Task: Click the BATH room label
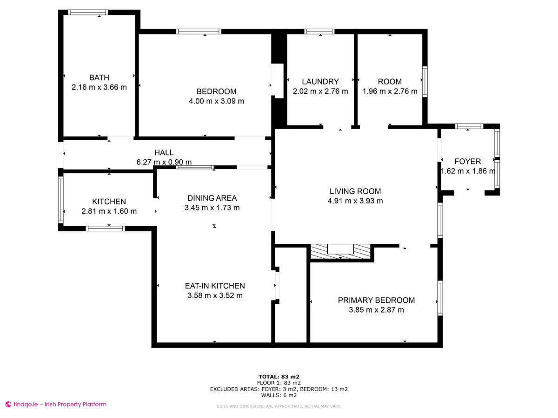click(x=99, y=78)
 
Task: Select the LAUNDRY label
click(x=320, y=82)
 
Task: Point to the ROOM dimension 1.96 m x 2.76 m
click(x=390, y=91)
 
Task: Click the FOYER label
click(x=467, y=162)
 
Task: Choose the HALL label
click(x=164, y=152)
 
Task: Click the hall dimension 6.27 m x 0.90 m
click(x=164, y=162)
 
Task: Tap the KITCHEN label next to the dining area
click(x=109, y=202)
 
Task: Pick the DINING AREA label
click(x=212, y=198)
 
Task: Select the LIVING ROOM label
click(x=355, y=191)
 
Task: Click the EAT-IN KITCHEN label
click(x=215, y=286)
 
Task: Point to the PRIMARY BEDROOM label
click(x=376, y=300)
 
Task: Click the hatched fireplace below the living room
click(x=341, y=252)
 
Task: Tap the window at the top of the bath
click(x=88, y=13)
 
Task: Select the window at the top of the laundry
click(x=319, y=32)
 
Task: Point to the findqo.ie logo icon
click(x=8, y=405)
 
